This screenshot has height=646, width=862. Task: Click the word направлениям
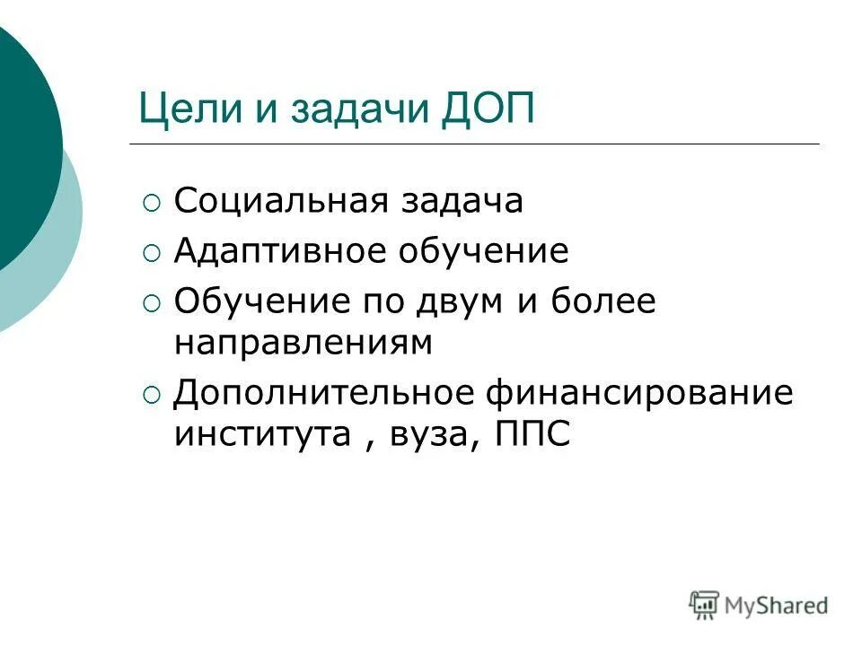pos(303,344)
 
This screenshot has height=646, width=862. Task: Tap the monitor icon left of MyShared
pos(704,605)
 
